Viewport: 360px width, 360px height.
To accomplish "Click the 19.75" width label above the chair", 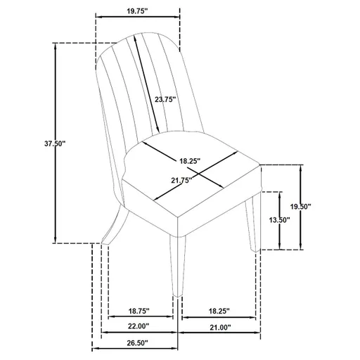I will click(x=137, y=11).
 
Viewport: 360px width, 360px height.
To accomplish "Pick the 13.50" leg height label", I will click(x=280, y=219).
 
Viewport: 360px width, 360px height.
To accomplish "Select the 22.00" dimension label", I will click(x=137, y=327).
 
